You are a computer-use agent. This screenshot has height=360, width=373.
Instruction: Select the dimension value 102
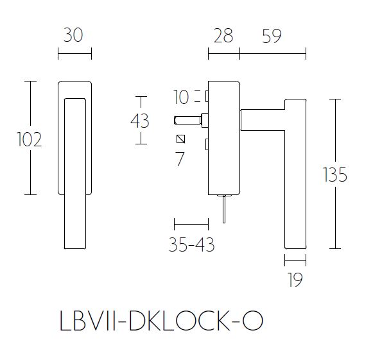[x=28, y=139]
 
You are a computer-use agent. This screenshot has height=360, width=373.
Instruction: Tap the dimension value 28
[x=223, y=36]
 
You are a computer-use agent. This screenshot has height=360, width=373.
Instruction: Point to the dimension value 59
[x=272, y=36]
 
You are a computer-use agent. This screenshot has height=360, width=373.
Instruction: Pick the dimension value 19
[x=295, y=280]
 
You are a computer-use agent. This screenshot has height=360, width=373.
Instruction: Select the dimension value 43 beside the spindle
[x=140, y=121]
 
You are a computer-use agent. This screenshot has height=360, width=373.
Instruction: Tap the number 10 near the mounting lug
[x=182, y=98]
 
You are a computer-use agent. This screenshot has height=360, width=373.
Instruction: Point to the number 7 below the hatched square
[x=180, y=159]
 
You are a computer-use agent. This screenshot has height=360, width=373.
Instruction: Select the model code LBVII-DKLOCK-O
[x=160, y=320]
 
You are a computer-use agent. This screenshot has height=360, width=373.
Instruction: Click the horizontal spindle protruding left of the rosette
[x=188, y=119]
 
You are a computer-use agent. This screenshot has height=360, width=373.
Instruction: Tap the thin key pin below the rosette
[x=223, y=210]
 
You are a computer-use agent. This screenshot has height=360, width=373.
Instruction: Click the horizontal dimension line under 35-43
[x=191, y=225]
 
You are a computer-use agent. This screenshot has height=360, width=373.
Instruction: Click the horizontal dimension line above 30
[x=74, y=53]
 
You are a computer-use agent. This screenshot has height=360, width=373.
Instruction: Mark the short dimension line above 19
[x=295, y=261]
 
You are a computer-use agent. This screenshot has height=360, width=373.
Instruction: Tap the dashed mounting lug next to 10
[x=207, y=97]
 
